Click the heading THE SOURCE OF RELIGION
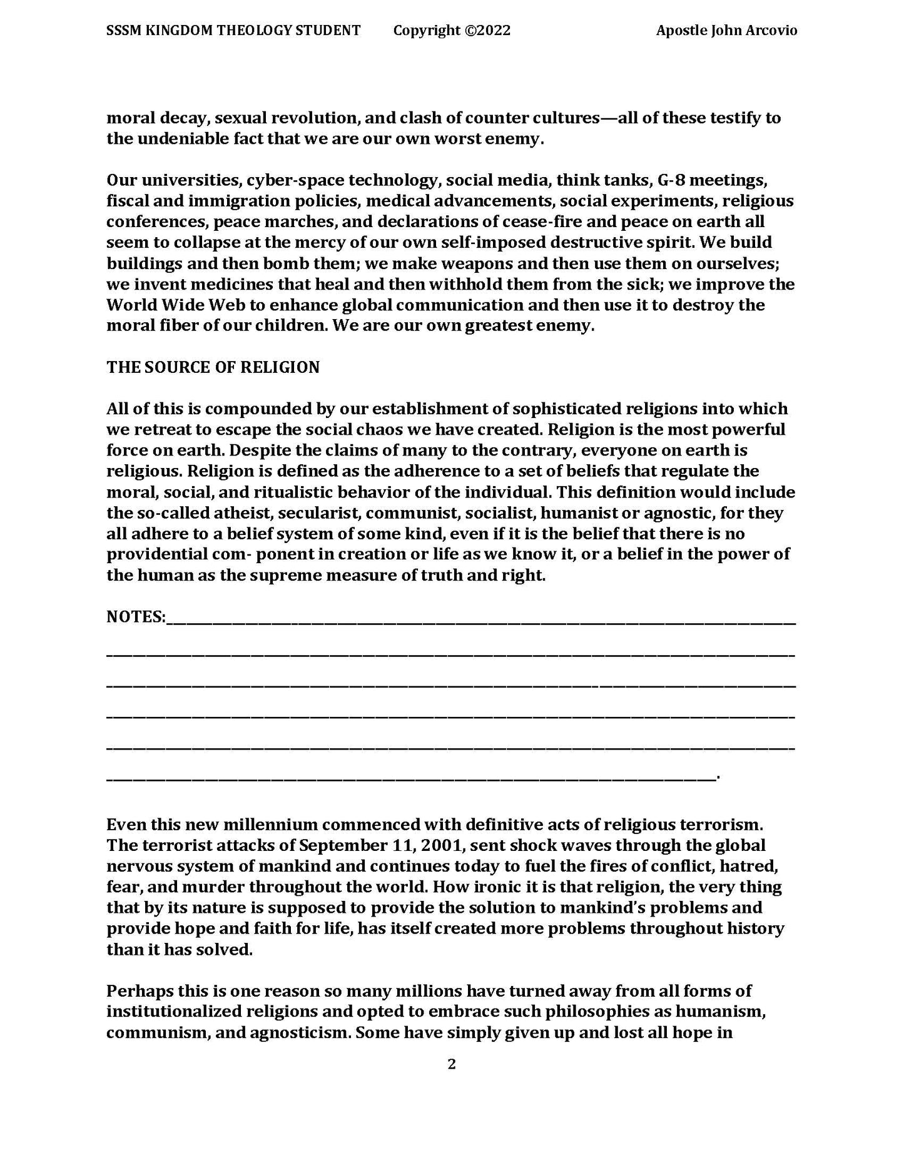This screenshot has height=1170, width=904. pos(213,367)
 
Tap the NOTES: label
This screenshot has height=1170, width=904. pos(136,617)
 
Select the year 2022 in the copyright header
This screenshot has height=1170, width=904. pos(495,30)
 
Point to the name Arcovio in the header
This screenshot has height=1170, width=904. pos(771,30)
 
